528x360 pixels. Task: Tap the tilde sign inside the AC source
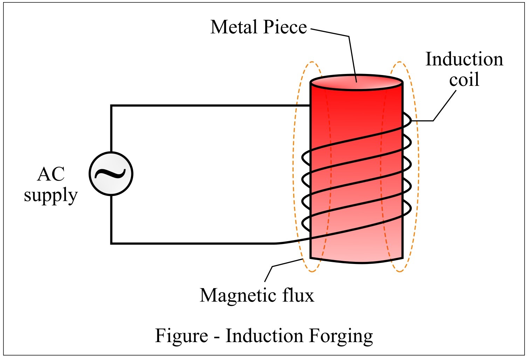tap(111, 173)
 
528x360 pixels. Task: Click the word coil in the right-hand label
tap(464, 80)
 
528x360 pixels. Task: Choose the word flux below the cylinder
tap(299, 295)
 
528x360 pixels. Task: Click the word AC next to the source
tap(51, 174)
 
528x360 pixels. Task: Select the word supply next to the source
tap(51, 195)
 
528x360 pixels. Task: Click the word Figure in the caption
tap(181, 335)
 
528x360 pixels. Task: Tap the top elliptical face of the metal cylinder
tap(356, 82)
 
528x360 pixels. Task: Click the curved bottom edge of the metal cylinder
tap(356, 262)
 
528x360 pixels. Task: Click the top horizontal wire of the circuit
tap(210, 106)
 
